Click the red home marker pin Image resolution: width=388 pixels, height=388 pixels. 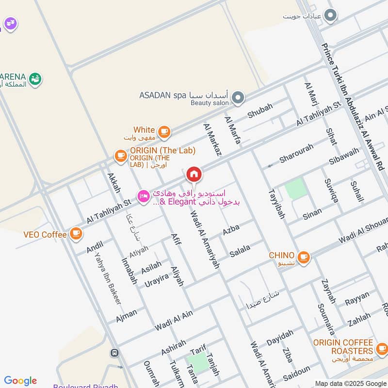click(194, 174)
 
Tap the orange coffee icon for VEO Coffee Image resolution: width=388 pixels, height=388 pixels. click(75, 234)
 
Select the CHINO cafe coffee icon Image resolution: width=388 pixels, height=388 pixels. click(303, 257)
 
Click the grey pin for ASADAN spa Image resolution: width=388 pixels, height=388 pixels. click(238, 98)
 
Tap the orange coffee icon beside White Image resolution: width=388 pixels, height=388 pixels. click(164, 131)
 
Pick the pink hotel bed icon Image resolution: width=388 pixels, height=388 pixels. click(143, 196)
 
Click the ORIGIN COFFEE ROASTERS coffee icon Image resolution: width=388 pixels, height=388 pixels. click(382, 348)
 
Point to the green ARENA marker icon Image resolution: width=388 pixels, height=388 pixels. click(35, 79)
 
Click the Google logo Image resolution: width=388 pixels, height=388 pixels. click(20, 381)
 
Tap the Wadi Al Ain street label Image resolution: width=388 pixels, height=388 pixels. click(174, 321)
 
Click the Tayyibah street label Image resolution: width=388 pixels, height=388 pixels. click(276, 203)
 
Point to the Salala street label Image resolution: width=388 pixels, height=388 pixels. click(240, 251)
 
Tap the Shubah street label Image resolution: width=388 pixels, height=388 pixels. click(260, 111)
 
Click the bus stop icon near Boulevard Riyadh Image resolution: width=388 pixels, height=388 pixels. click(114, 353)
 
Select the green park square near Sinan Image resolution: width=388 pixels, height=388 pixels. click(296, 188)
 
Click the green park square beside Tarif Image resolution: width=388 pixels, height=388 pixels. click(197, 363)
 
